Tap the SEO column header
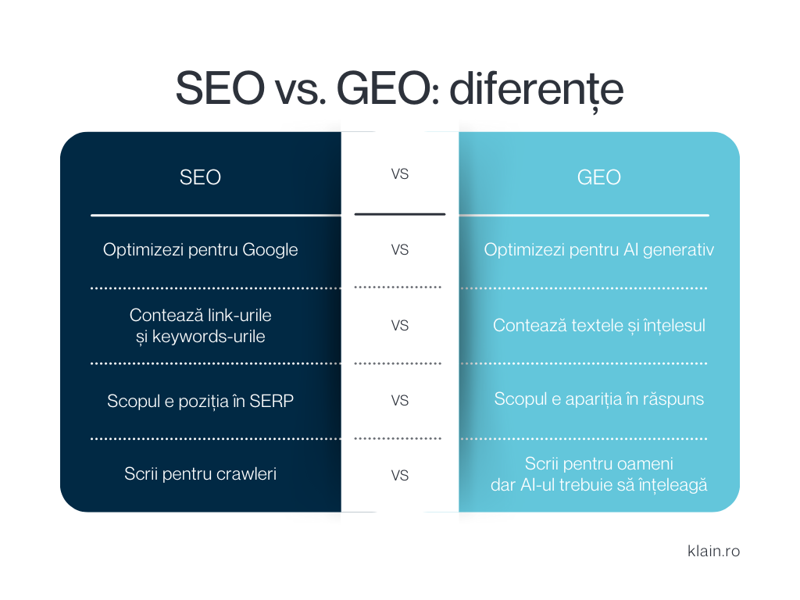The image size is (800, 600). tap(200, 177)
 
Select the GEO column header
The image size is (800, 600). tap(598, 177)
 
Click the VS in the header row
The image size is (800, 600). tap(399, 174)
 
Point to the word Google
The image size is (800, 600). tap(270, 250)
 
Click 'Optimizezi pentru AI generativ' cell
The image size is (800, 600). tap(599, 250)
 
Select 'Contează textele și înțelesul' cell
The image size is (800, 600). tap(598, 325)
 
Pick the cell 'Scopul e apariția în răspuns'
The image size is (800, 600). tap(598, 399)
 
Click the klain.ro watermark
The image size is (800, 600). tap(712, 551)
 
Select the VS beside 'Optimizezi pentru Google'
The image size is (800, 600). tap(399, 250)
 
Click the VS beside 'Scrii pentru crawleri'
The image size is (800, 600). tap(399, 475)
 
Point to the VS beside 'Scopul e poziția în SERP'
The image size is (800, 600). tap(399, 401)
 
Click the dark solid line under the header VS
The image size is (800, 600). tap(399, 214)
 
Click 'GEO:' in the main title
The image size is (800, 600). tap(380, 89)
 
